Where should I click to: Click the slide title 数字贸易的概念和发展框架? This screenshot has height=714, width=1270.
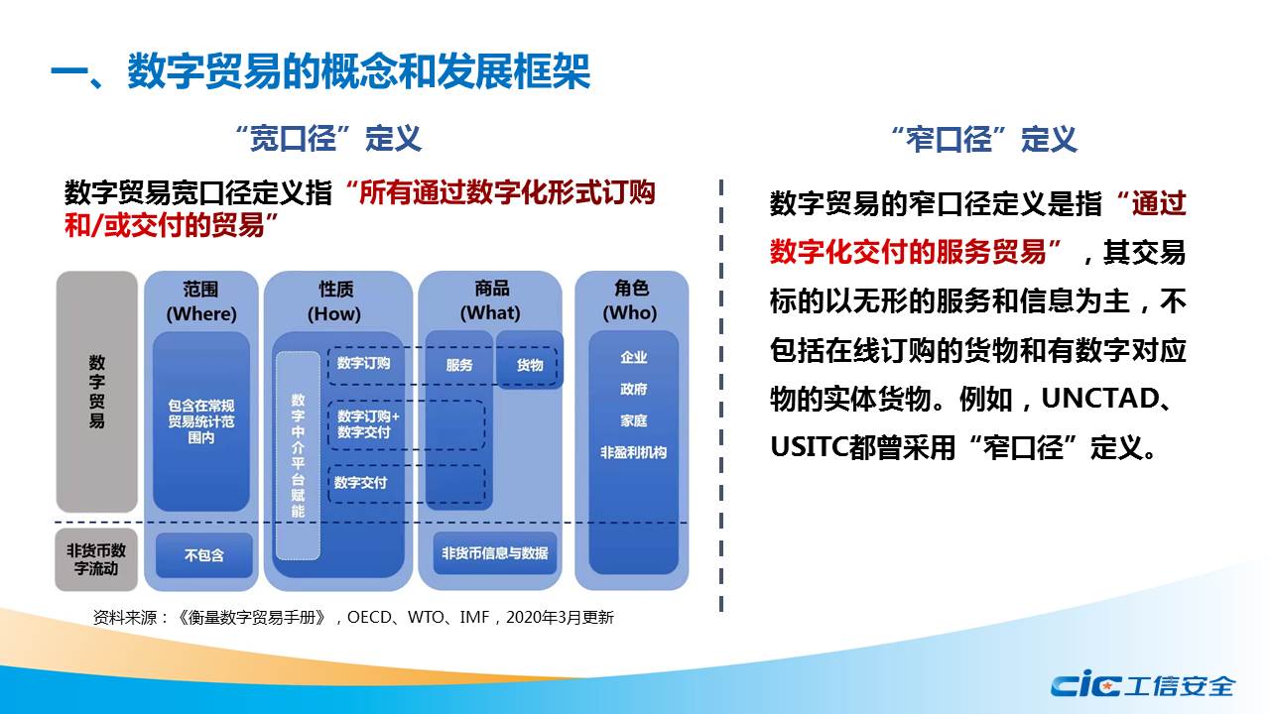tap(359, 72)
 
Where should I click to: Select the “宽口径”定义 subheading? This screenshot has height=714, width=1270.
tap(328, 139)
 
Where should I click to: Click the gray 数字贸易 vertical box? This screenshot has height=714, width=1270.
tap(97, 392)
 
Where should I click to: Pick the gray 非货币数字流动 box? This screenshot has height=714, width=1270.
tap(96, 559)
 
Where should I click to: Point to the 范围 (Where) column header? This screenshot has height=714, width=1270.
tap(201, 301)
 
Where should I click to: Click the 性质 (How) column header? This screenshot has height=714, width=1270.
tap(335, 301)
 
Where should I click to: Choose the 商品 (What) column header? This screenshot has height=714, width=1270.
tap(491, 300)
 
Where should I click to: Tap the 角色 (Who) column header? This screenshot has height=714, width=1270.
tap(630, 300)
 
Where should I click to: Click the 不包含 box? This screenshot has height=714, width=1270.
tap(204, 554)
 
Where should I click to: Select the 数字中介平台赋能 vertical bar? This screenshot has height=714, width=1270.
tap(299, 455)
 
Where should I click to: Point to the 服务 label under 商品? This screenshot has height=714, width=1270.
tap(459, 365)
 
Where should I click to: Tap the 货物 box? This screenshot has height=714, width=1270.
tap(530, 360)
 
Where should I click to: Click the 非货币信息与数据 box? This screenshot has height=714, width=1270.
tap(495, 553)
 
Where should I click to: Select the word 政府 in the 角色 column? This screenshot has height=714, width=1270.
tap(634, 390)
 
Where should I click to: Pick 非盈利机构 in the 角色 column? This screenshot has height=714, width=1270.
tap(634, 453)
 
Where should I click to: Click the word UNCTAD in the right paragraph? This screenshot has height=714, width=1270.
tap(1100, 399)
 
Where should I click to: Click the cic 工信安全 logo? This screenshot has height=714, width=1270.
tap(1142, 684)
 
